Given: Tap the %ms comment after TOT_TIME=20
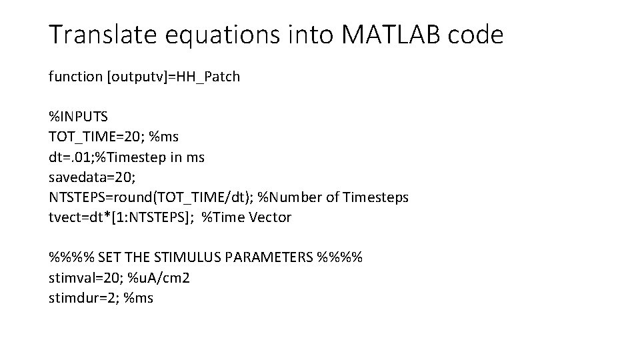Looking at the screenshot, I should pyautogui.click(x=164, y=137).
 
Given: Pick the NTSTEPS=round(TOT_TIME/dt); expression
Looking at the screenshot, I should pyautogui.click(x=148, y=197).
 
